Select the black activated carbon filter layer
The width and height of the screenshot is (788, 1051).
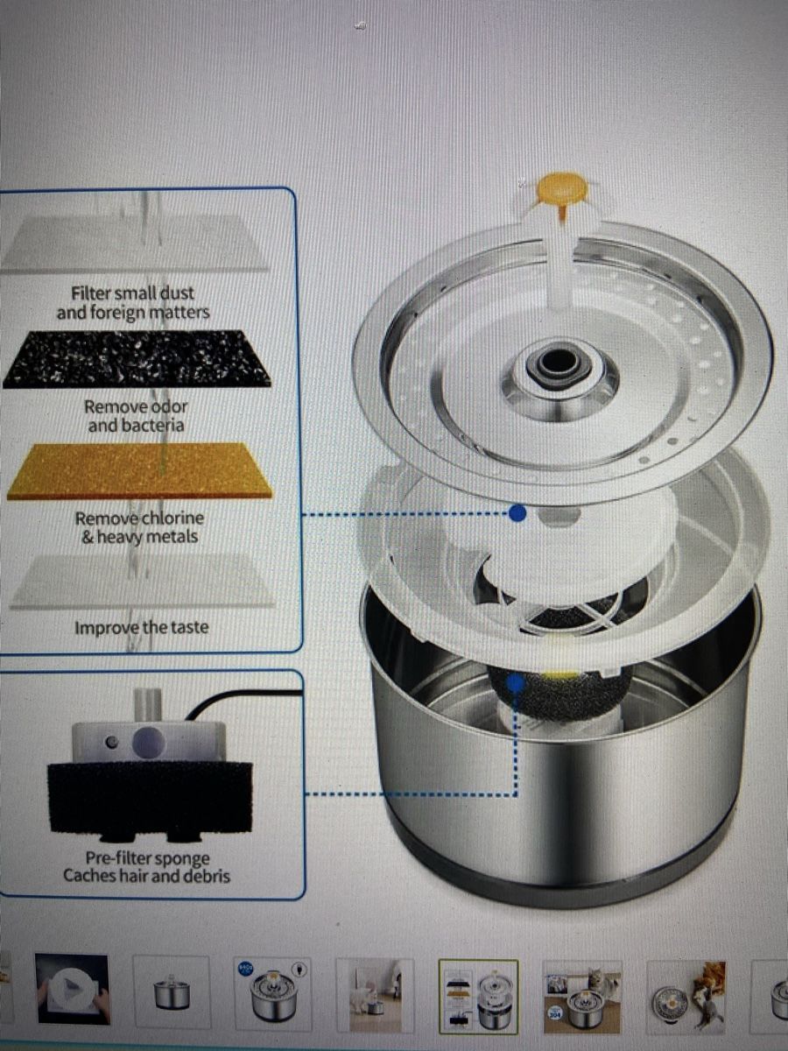tap(137, 358)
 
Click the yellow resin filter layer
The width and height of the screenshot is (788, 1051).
tap(140, 471)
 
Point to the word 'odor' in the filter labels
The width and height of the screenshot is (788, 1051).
tap(169, 406)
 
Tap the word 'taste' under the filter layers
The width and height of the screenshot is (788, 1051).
tap(186, 627)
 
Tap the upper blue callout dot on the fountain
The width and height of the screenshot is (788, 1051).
tap(517, 513)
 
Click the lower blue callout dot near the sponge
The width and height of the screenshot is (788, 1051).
tap(515, 685)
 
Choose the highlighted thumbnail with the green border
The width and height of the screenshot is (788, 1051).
tap(478, 997)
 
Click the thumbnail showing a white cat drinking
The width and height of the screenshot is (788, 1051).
tap(375, 995)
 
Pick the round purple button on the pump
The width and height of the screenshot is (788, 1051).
tap(149, 742)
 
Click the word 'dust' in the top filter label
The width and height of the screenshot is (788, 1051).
tap(177, 293)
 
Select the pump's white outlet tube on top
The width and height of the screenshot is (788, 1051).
tap(146, 705)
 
